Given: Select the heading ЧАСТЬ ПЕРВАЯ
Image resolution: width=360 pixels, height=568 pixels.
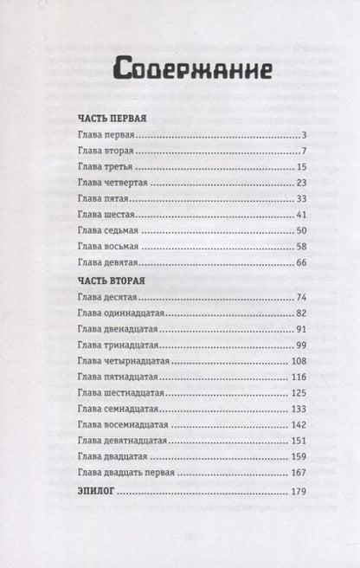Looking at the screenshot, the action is [110, 117].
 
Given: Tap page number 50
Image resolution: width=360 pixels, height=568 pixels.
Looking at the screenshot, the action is [278, 231].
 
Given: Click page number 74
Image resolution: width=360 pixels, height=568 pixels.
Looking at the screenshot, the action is [278, 297].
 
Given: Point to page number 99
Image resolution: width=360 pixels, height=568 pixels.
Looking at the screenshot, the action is [278, 344].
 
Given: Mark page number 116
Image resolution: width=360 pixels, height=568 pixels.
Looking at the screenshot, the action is [276, 377].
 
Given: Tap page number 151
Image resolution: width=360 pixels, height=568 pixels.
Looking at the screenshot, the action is [276, 440].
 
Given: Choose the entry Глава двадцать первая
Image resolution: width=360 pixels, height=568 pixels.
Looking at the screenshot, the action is [125, 473].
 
